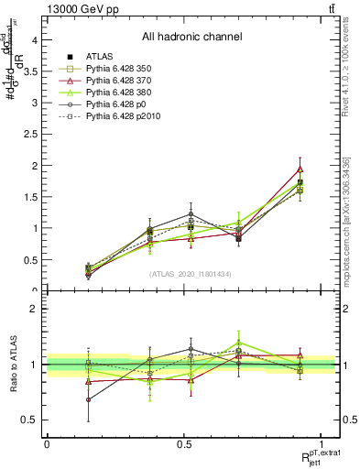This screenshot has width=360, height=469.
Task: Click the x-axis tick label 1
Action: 322,444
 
